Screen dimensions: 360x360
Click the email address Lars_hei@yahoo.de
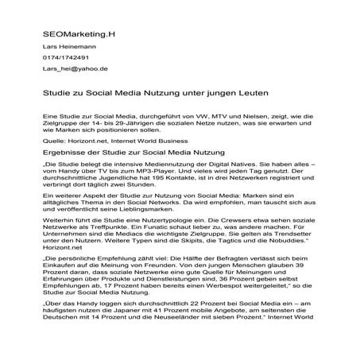point(75,69)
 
